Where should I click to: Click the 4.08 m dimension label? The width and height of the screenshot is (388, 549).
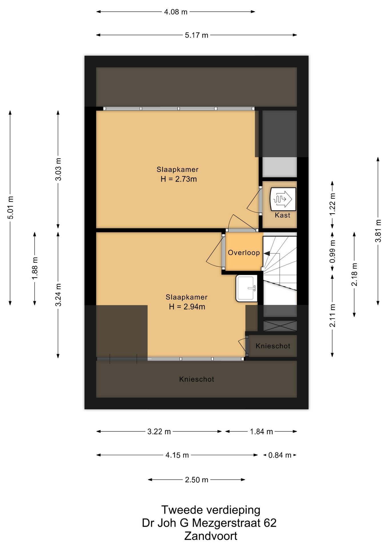click(x=176, y=12)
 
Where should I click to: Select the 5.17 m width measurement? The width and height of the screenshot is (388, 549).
click(x=197, y=35)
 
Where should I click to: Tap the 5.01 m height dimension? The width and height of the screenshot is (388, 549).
click(x=10, y=208)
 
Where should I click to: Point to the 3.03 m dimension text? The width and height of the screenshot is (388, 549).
click(x=58, y=169)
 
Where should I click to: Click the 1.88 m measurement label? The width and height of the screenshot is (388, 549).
click(x=35, y=268)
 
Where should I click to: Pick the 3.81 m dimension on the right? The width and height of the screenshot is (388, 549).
click(x=378, y=231)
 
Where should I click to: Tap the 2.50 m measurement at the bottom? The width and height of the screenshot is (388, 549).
click(x=197, y=480)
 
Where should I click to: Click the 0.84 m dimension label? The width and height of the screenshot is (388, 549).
click(x=280, y=455)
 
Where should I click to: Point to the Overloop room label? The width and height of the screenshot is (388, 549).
click(x=244, y=253)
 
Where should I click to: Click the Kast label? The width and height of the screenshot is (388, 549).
click(x=283, y=215)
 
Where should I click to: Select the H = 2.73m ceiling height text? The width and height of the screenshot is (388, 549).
click(x=179, y=179)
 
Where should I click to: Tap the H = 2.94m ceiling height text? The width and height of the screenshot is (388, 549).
click(x=187, y=307)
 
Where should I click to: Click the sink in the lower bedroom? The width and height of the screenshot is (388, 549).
click(x=247, y=289)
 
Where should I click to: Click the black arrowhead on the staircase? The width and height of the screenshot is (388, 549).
click(x=267, y=253)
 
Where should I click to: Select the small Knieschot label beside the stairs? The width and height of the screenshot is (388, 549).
click(x=273, y=346)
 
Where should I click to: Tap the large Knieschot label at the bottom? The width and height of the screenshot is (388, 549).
click(x=197, y=379)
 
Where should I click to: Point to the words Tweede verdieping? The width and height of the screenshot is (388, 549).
click(x=211, y=510)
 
